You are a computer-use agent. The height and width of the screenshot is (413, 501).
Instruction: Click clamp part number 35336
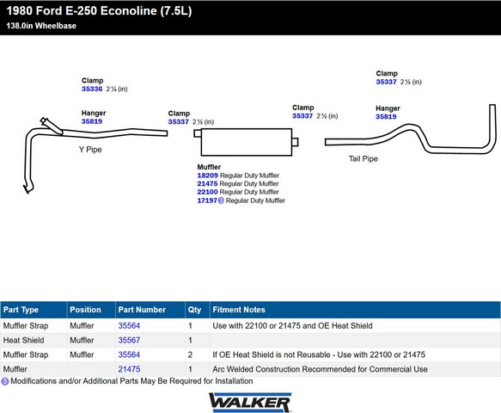pos(92,89)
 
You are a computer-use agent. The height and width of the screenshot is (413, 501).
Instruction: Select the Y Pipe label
pos(90,150)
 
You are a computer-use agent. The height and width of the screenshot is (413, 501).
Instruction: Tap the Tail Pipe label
pos(364,158)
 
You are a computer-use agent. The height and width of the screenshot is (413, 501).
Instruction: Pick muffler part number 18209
pos(207,176)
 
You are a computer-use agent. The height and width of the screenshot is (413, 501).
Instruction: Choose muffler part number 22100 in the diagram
pos(207,192)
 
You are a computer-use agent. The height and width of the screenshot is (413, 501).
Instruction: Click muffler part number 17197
pos(207,200)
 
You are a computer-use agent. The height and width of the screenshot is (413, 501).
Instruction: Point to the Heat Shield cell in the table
pos(24,340)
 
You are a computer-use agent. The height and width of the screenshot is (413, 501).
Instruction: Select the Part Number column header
pos(142,310)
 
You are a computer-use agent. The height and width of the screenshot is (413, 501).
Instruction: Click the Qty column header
pos(194,310)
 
